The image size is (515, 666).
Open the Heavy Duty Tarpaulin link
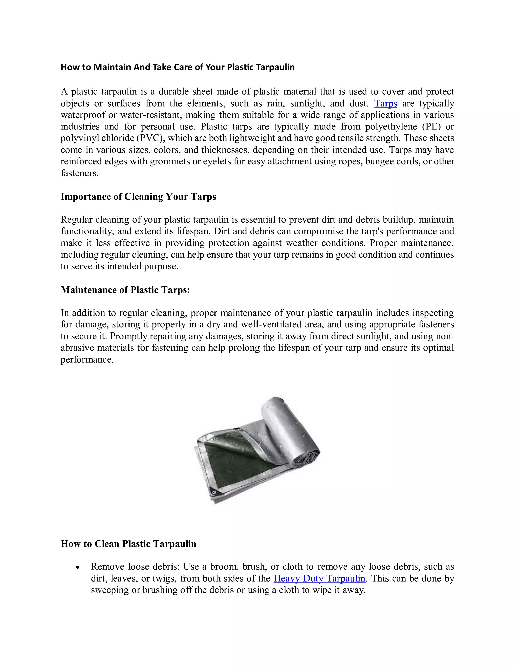click(319, 578)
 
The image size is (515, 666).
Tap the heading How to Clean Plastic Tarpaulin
click(128, 543)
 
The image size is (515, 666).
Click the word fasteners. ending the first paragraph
click(80, 173)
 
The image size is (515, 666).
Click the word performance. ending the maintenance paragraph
click(87, 360)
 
